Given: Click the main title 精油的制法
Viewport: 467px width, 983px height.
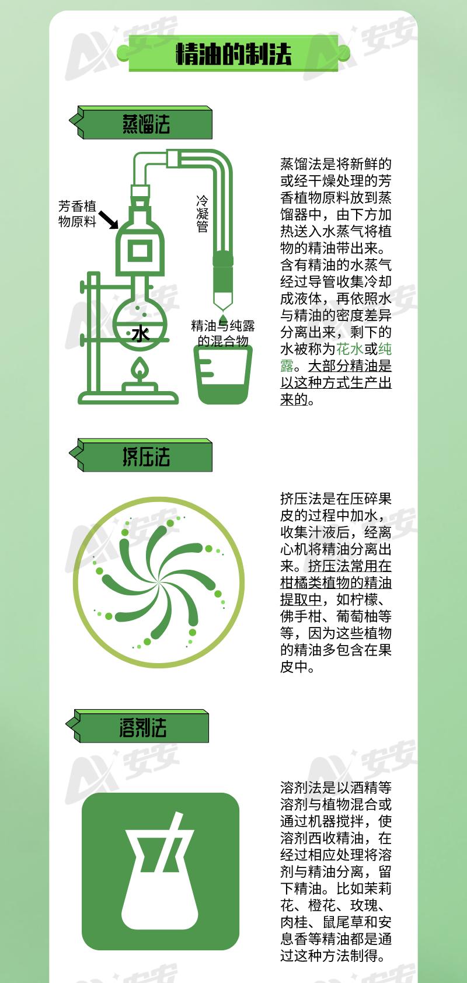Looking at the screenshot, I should pos(233,54).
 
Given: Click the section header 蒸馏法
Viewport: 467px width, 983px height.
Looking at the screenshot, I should pos(146,124).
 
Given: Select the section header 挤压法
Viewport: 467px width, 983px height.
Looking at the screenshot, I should pos(146,456).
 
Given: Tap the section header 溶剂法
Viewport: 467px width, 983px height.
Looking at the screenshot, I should pos(143,728).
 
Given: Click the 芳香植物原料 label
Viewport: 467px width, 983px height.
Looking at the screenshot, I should pos(77,214).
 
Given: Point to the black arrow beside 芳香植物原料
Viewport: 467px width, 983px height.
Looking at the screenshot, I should pos(108,219).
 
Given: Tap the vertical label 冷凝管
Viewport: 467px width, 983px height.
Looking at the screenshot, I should pos(203,214).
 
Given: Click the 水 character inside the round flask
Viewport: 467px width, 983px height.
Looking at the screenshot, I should pos(140,333).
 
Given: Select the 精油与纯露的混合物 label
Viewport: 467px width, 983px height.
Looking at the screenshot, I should pos(223,333).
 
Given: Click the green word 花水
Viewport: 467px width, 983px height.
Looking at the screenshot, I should pos(350,349).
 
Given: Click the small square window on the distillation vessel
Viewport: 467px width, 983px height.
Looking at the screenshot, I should pos(140,251).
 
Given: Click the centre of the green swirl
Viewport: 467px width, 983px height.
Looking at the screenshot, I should pos(158,582).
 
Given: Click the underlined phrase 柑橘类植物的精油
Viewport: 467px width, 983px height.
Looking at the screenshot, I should pos(336,583).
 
